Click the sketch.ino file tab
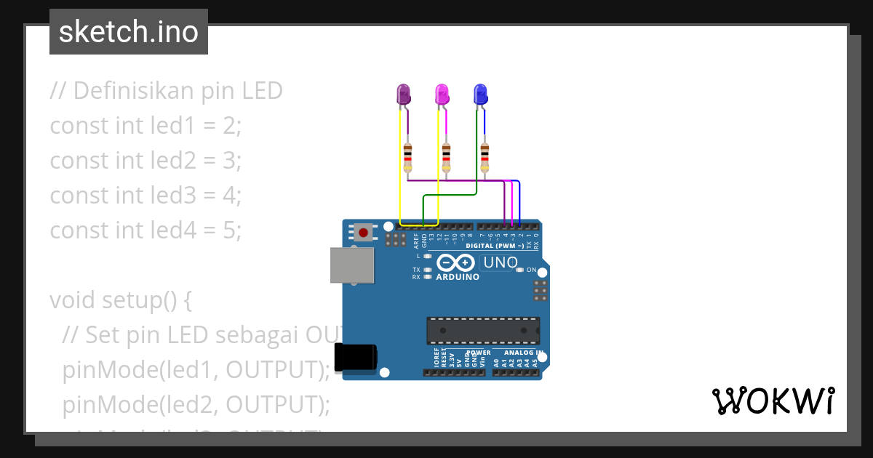(x=129, y=32)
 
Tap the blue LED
(x=479, y=95)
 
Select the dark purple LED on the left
(x=402, y=95)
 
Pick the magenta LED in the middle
(x=442, y=95)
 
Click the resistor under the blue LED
(x=485, y=156)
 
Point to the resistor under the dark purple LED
(x=407, y=156)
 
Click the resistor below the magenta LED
(x=446, y=156)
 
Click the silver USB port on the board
(x=352, y=265)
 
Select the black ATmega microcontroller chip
(x=483, y=331)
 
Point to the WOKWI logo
(x=773, y=401)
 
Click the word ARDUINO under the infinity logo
(x=458, y=277)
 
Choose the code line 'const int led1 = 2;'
(x=145, y=125)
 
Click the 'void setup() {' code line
(x=120, y=300)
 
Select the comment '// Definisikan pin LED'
(x=166, y=90)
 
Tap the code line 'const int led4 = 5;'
(x=145, y=230)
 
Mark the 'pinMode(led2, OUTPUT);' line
(x=196, y=404)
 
